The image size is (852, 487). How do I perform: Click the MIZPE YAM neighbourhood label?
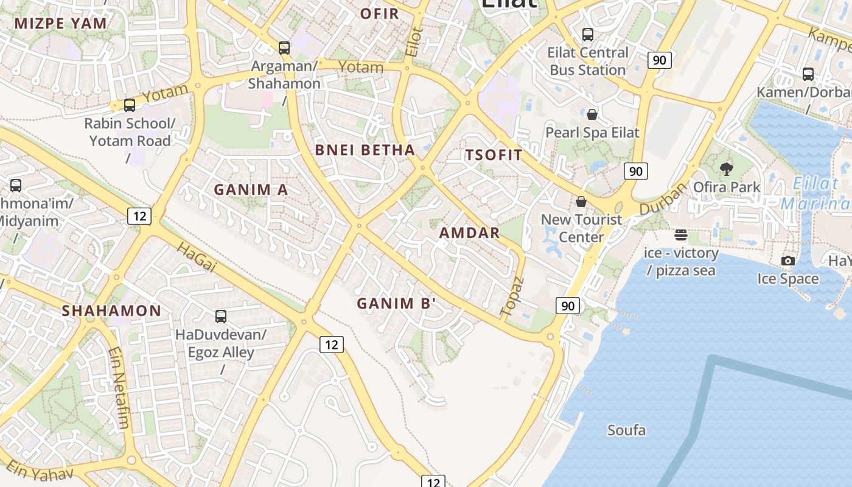[61, 24]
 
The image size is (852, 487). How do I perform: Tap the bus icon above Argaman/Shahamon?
[284, 47]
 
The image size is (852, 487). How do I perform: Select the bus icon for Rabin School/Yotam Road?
[129, 105]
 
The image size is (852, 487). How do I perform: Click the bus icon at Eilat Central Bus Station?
[587, 35]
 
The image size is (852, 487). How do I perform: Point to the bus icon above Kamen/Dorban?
[808, 74]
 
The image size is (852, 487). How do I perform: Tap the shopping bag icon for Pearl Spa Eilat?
[592, 114]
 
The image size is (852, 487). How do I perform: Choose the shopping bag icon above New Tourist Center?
[581, 201]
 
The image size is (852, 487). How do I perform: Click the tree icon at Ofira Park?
[726, 169]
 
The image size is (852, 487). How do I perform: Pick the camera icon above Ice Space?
[787, 261]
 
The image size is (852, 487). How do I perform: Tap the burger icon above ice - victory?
[680, 235]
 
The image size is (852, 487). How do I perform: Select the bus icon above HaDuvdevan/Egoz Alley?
[220, 317]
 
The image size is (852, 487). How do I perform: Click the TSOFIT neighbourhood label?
[494, 155]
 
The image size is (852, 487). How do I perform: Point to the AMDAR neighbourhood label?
[469, 233]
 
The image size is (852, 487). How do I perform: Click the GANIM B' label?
[397, 303]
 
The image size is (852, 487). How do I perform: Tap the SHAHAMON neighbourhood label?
[111, 310]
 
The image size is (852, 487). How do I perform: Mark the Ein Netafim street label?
[119, 387]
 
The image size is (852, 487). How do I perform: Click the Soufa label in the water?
[626, 430]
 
